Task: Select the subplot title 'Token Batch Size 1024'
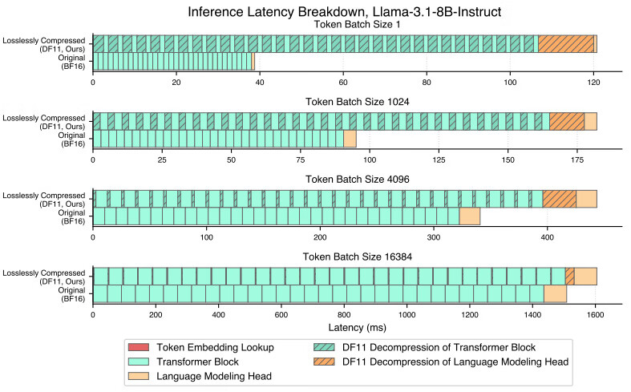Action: (x=345, y=101)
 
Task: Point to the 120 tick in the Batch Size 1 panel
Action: (x=593, y=81)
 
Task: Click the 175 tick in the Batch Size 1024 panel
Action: (x=576, y=159)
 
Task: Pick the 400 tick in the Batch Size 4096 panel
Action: (x=548, y=236)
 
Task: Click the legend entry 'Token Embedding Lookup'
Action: (x=216, y=347)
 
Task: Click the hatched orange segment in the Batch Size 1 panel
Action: (x=565, y=44)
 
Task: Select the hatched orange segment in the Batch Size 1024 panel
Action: (x=567, y=121)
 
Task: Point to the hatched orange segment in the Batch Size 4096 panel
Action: (x=560, y=199)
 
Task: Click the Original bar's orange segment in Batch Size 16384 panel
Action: (x=555, y=293)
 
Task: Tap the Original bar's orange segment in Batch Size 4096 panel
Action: (x=469, y=216)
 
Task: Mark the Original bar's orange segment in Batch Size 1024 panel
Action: (x=350, y=139)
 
